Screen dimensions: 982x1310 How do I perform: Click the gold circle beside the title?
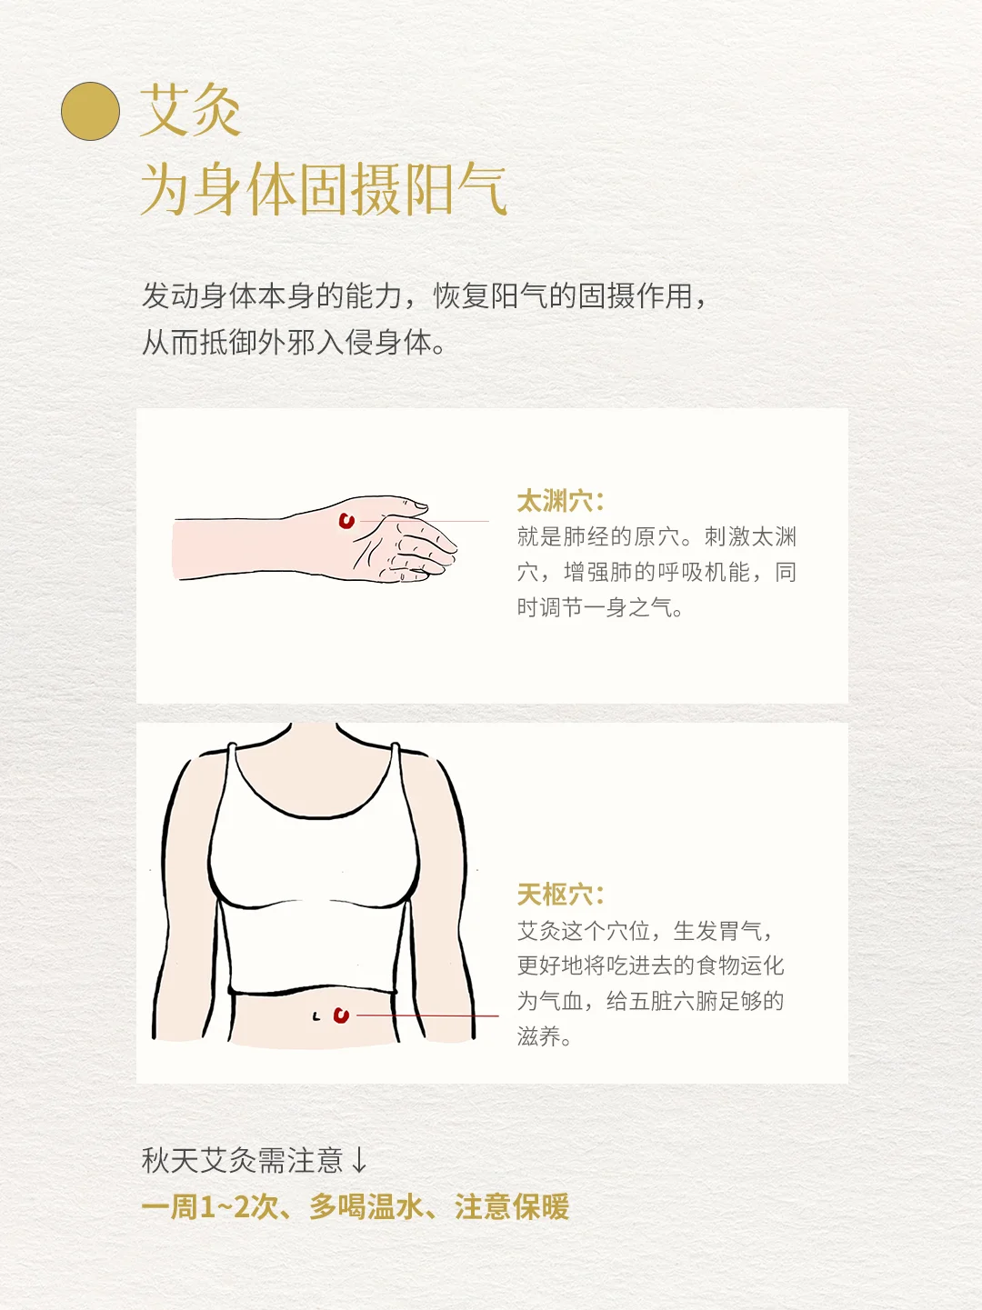pyautogui.click(x=91, y=111)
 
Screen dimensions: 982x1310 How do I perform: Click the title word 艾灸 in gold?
pyautogui.click(x=190, y=110)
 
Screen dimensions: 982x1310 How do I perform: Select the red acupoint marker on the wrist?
pyautogui.click(x=346, y=521)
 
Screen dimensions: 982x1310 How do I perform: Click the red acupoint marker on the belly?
pyautogui.click(x=341, y=1015)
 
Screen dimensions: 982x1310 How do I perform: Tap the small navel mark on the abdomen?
pyautogui.click(x=316, y=1016)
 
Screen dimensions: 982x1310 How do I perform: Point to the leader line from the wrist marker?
pyautogui.click(x=425, y=521)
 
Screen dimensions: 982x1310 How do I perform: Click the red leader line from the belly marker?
pyautogui.click(x=427, y=1015)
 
